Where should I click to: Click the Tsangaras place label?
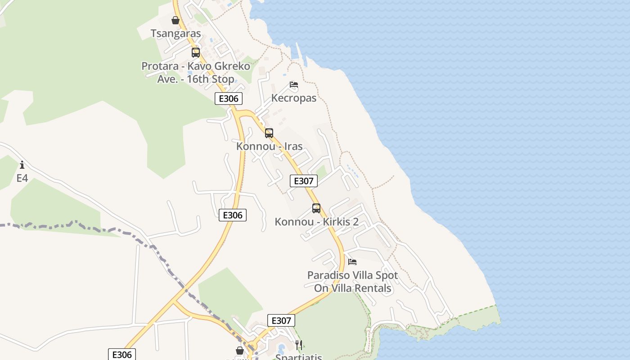[175, 34]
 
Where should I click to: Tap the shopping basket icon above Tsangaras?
[175, 20]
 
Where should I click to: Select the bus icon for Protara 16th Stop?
[196, 53]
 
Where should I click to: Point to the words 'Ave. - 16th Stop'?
[196, 79]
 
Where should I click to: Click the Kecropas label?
[294, 98]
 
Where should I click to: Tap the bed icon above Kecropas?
[294, 85]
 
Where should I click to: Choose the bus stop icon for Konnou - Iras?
[269, 133]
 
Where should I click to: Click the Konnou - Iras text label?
[269, 147]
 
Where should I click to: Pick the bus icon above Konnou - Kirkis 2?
[316, 208]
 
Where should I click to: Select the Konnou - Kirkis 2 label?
[316, 222]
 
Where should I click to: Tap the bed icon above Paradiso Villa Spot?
[352, 261]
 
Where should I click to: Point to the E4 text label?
[22, 179]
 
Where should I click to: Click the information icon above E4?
[22, 165]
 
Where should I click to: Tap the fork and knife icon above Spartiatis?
[299, 345]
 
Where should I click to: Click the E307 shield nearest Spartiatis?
[281, 320]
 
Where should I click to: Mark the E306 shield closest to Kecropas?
[229, 99]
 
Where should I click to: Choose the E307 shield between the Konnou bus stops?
[304, 181]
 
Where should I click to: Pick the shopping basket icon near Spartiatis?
[240, 350]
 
